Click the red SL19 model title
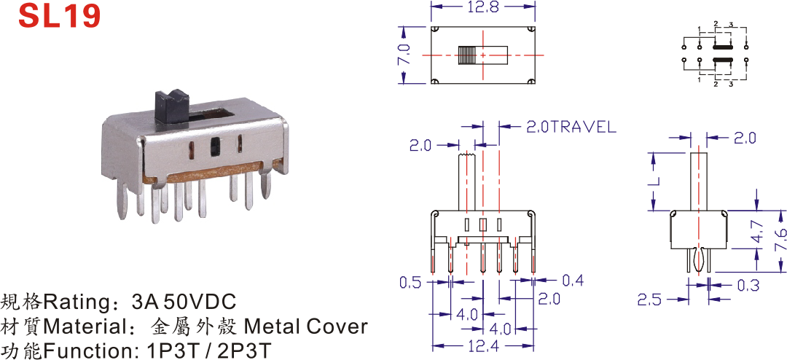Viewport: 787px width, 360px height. coord(60,15)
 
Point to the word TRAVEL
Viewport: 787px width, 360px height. coord(582,127)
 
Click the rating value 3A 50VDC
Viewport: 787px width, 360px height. coord(184,302)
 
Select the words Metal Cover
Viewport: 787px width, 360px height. coord(305,327)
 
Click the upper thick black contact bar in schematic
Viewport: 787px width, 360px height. coord(724,47)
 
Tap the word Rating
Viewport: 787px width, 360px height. coord(83,303)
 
